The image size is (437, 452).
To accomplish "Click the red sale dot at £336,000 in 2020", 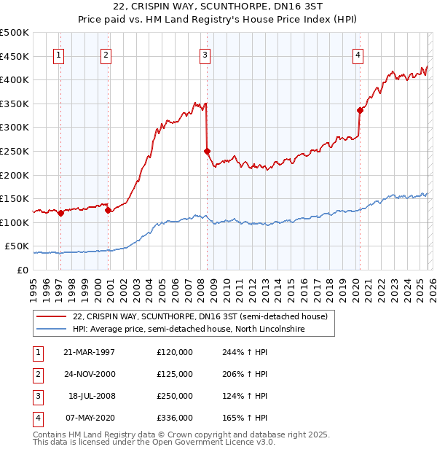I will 360,110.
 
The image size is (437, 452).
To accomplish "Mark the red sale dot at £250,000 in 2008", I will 207,151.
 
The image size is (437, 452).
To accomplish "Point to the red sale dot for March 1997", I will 60,213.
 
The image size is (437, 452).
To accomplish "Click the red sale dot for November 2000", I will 108,210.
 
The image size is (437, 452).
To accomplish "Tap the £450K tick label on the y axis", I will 15,56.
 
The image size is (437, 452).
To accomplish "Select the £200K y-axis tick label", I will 15,175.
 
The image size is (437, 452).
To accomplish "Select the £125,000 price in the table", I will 175,374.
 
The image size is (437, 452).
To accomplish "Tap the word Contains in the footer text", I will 50,435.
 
